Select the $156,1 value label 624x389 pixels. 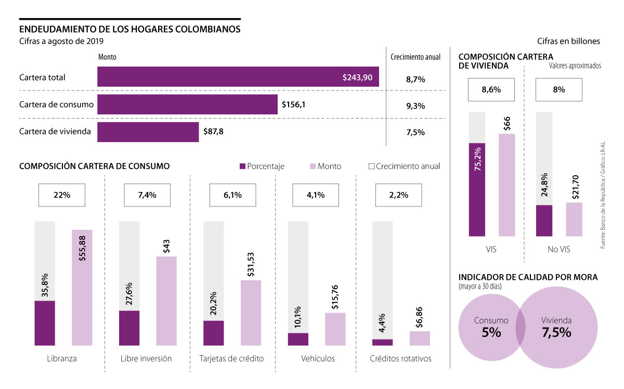point(293,105)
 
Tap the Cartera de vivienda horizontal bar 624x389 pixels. point(148,132)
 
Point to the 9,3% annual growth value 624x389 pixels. point(415,106)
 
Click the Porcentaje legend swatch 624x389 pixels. point(242,166)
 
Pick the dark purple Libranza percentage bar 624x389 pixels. point(45,323)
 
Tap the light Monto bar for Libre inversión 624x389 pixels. point(166,301)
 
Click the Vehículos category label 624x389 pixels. point(318,359)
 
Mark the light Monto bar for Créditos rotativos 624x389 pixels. point(420,338)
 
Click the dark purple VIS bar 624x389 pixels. point(477,189)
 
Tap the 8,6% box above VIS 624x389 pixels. point(491,89)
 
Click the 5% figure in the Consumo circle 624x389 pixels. point(491,332)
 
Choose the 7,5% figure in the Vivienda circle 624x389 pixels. point(556,332)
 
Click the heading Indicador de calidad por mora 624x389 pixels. point(528,277)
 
